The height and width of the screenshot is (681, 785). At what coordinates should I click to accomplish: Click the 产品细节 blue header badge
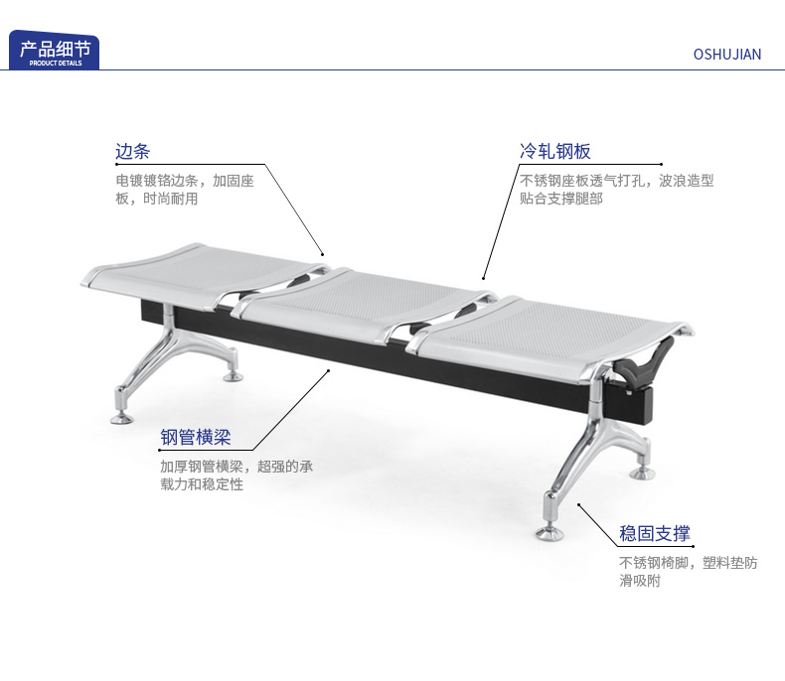tap(54, 50)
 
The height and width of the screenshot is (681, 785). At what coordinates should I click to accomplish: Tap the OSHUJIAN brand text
tap(727, 55)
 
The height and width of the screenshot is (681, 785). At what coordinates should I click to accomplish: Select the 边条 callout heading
tap(133, 151)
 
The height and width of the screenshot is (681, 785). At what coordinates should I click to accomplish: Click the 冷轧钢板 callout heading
tap(554, 151)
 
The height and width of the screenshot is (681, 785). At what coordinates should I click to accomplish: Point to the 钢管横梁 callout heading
tap(196, 437)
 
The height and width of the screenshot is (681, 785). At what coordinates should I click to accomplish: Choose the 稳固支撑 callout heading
tap(655, 533)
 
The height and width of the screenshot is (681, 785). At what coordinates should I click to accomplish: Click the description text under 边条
tap(185, 190)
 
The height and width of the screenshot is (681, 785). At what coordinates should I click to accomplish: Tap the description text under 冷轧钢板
tap(616, 190)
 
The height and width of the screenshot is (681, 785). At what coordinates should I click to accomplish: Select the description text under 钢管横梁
tap(236, 475)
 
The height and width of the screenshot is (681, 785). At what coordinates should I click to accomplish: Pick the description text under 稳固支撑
tap(689, 572)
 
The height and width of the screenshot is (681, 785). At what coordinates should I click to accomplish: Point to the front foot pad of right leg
tap(549, 533)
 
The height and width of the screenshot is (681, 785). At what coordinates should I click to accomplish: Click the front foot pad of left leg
tap(121, 418)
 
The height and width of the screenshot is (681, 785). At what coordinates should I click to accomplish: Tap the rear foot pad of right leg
tap(642, 474)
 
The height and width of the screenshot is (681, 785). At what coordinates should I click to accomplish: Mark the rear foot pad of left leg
tap(234, 376)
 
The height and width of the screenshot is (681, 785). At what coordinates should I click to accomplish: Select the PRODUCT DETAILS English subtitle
tap(56, 63)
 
